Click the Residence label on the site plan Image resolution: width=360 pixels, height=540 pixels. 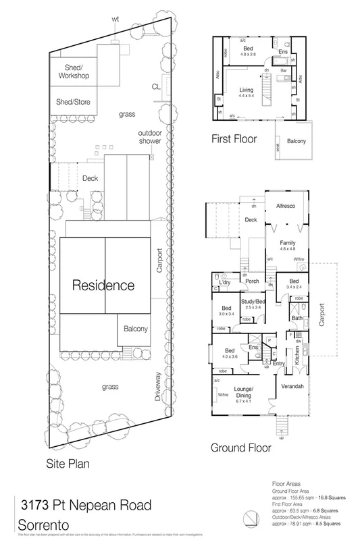(104, 285)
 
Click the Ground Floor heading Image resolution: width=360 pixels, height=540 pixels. (241, 447)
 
